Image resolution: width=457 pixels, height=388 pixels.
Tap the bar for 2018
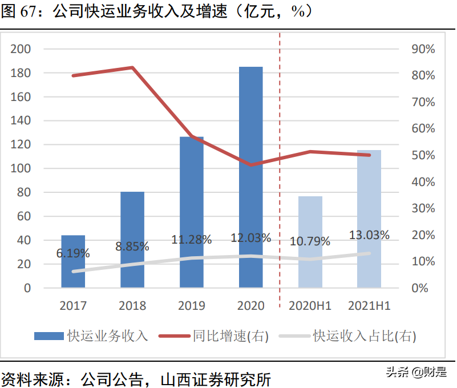point(132,240)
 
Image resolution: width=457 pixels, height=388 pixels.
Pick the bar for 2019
point(192,212)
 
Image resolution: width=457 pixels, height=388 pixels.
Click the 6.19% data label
point(73,252)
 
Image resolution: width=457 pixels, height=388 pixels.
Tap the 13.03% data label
point(370,235)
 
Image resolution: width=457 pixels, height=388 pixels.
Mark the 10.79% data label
point(310,241)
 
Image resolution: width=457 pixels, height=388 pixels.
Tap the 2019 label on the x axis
point(192,306)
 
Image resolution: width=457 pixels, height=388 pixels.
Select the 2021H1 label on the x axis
point(369,306)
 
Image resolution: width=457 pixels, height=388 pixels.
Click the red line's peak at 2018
point(132,67)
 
